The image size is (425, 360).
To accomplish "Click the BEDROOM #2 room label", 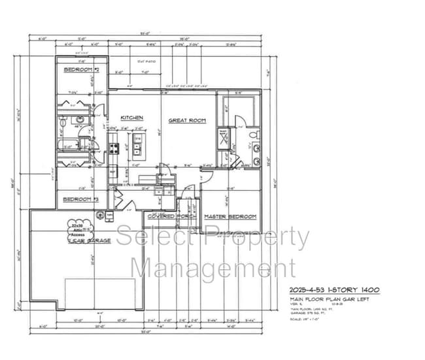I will [x=81, y=69].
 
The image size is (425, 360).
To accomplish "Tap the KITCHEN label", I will [x=131, y=118].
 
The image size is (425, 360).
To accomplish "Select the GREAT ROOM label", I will [x=188, y=120].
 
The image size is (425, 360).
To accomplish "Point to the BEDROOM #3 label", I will [x=80, y=199].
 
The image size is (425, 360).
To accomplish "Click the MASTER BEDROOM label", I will [x=230, y=216].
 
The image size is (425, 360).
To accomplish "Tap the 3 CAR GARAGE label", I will [x=89, y=241].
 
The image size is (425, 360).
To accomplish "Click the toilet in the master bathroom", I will [x=254, y=136].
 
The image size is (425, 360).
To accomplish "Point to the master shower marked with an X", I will [x=223, y=137].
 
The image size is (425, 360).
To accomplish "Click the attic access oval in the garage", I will [x=78, y=229].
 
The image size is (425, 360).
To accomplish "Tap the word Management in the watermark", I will [x=204, y=268].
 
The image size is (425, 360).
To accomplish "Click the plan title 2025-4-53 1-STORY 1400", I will [x=335, y=289].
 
